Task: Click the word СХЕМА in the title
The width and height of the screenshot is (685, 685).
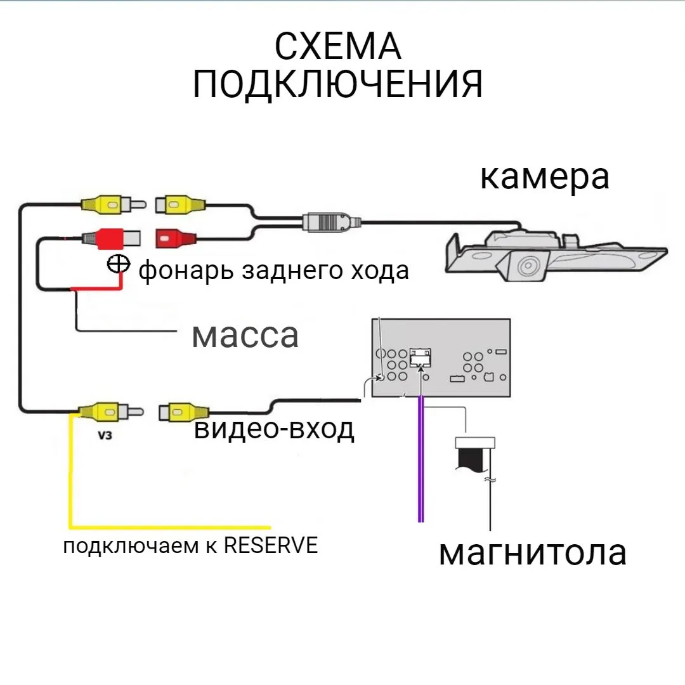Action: coord(338,48)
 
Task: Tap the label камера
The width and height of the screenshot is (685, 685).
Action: coord(544,177)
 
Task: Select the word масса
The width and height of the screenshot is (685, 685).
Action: coord(245,334)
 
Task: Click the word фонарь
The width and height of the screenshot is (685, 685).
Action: coord(187,271)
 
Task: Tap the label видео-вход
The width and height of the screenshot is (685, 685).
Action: coord(274,429)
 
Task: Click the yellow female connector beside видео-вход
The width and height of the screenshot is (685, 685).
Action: coord(181,413)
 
